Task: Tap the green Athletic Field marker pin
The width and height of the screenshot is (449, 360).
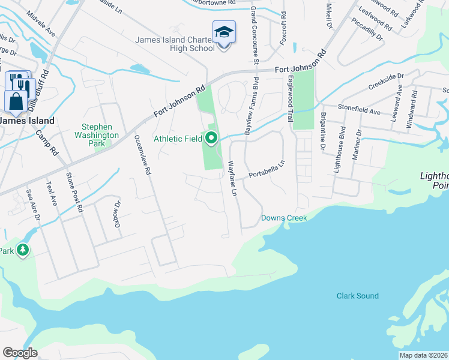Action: coord(211,139)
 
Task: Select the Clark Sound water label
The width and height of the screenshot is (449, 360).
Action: coord(357,296)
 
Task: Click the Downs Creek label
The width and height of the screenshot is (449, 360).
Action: coord(284,218)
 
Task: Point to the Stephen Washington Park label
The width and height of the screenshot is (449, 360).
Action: coord(100,131)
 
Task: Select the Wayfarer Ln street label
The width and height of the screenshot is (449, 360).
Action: coord(232,178)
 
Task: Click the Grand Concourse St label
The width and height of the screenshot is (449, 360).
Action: coord(255,35)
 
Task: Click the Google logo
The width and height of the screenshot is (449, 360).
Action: coord(20,353)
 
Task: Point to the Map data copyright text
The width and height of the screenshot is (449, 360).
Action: coord(423,355)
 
